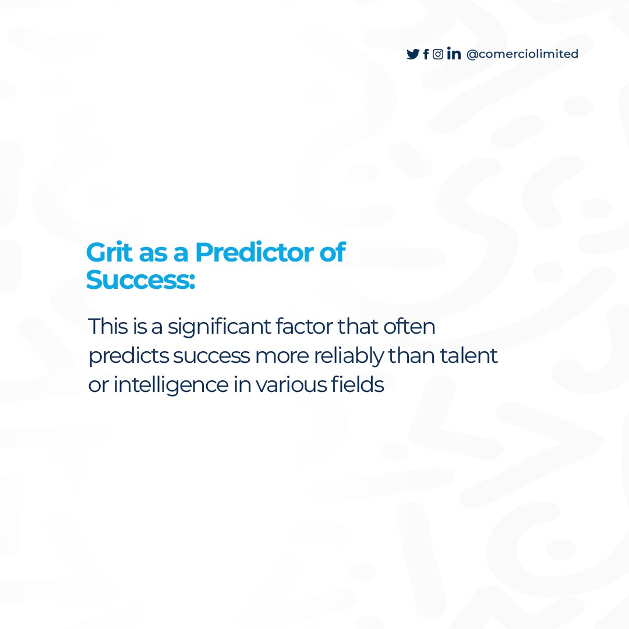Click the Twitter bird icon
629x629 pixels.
click(413, 54)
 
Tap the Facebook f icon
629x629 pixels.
click(426, 54)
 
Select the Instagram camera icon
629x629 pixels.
click(438, 54)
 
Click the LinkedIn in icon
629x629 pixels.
click(454, 54)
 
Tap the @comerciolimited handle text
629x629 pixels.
click(522, 54)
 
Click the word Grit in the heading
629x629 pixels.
click(106, 253)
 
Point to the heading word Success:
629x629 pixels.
click(140, 280)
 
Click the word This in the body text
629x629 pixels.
click(108, 326)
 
